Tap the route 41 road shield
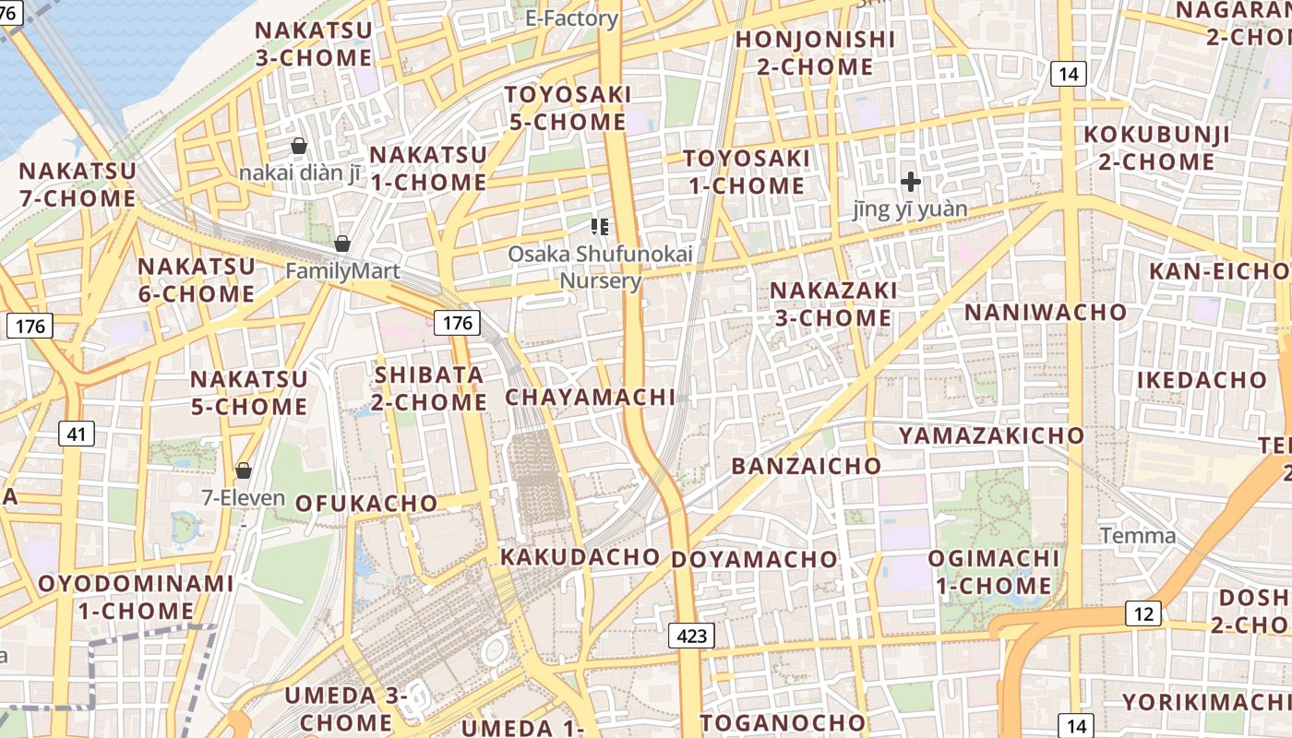pyautogui.click(x=76, y=433)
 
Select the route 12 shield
pyautogui.click(x=1143, y=613)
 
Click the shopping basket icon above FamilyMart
pyautogui.click(x=342, y=244)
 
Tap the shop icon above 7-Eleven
pyautogui.click(x=244, y=470)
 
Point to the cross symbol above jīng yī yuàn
pyautogui.click(x=911, y=182)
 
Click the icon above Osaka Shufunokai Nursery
pyautogui.click(x=600, y=226)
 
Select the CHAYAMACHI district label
pyautogui.click(x=591, y=398)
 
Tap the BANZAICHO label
pyautogui.click(x=807, y=466)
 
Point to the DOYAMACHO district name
pyautogui.click(x=754, y=560)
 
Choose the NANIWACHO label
pyautogui.click(x=1046, y=313)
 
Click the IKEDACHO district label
pyautogui.click(x=1202, y=380)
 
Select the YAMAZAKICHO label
pyautogui.click(x=992, y=435)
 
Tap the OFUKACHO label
pyautogui.click(x=366, y=504)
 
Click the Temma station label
pyautogui.click(x=1138, y=536)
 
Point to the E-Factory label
pyautogui.click(x=571, y=18)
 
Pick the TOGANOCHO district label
pyautogui.click(x=783, y=722)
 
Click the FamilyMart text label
pyautogui.click(x=342, y=271)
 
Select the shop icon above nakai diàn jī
pyautogui.click(x=299, y=146)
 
